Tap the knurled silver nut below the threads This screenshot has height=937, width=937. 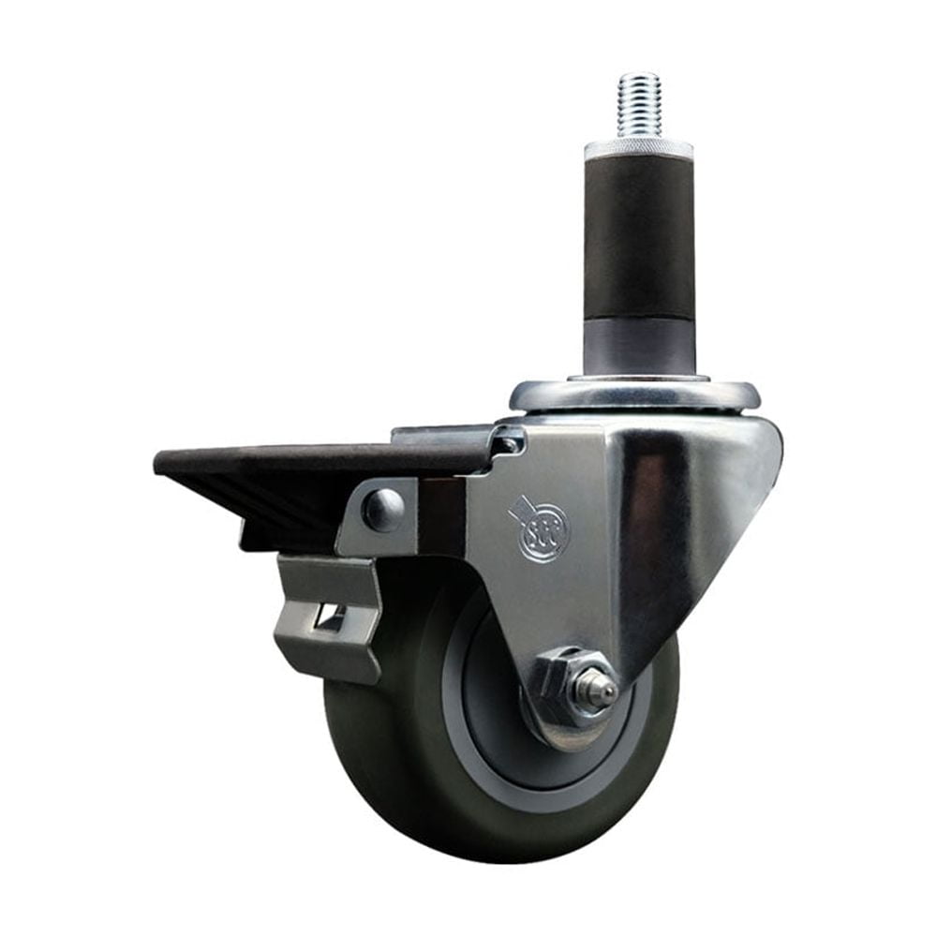(639, 149)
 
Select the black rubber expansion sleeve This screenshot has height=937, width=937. (639, 239)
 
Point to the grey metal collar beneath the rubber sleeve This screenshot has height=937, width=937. (639, 344)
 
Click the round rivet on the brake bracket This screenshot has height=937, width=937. (384, 510)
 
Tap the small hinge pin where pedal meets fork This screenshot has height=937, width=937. (509, 440)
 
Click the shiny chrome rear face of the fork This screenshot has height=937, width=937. (693, 525)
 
